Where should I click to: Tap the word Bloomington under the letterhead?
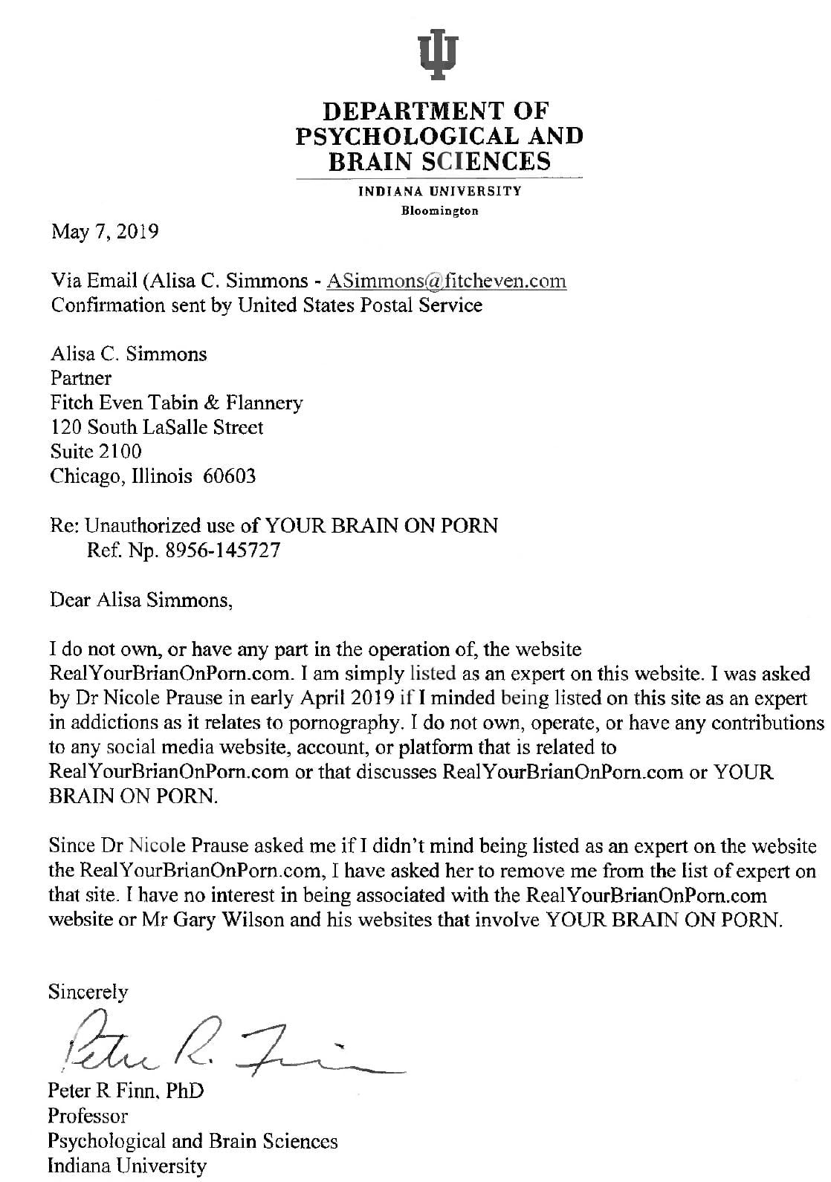click(439, 211)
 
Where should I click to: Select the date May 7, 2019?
click(105, 232)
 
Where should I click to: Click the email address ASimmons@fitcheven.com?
click(447, 281)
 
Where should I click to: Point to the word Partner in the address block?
click(80, 377)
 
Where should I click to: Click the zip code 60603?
click(229, 475)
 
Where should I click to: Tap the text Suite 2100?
click(96, 451)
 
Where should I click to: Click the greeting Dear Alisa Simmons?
click(141, 600)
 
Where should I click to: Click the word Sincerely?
click(88, 992)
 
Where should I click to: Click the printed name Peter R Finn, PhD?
click(125, 1091)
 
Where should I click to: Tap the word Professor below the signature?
click(88, 1115)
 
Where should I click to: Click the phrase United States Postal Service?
click(360, 305)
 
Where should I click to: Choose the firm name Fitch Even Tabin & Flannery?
click(176, 403)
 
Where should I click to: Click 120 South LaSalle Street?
click(156, 427)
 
